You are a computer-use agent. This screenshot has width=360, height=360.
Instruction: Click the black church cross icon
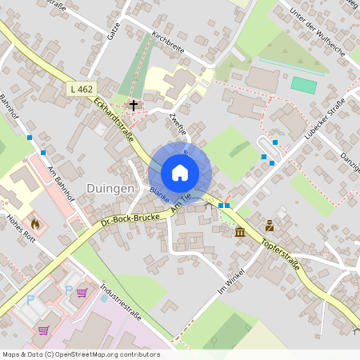click(133, 105)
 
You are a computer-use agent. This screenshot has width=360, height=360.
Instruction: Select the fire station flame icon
click(35, 223)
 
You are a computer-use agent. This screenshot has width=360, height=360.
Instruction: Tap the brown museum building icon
click(241, 232)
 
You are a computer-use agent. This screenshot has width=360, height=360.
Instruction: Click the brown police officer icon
click(270, 225)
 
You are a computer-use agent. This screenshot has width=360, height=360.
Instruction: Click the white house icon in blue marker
click(180, 172)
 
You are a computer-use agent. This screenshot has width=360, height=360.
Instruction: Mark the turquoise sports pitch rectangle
click(303, 84)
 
